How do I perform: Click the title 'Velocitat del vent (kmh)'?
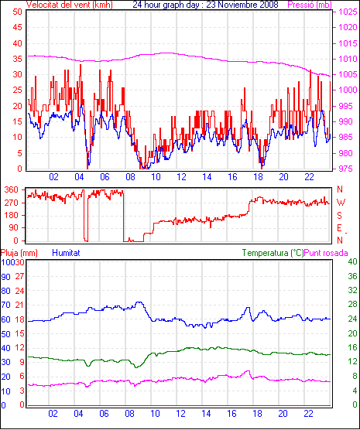pyautogui.click(x=70, y=5)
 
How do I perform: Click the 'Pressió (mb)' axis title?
pyautogui.click(x=310, y=5)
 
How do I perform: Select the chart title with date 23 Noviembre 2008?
pyautogui.click(x=205, y=5)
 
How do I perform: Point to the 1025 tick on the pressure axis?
pyautogui.click(x=348, y=12)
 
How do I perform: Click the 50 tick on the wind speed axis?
pyautogui.click(x=18, y=12)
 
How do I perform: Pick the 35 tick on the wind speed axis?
pyautogui.click(x=18, y=60)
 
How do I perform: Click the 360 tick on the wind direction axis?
pyautogui.click(x=12, y=190)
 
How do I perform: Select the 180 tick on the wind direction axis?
pyautogui.click(x=12, y=216)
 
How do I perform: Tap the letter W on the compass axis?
pyautogui.click(x=341, y=203)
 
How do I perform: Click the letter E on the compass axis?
pyautogui.click(x=339, y=228)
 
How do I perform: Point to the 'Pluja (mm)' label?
pyautogui.click(x=19, y=253)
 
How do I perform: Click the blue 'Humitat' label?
pyautogui.click(x=66, y=253)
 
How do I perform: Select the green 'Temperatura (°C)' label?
pyautogui.click(x=273, y=253)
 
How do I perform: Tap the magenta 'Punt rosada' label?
pyautogui.click(x=326, y=253)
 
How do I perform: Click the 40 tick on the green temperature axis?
pyautogui.click(x=352, y=262)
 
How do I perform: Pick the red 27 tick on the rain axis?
pyautogui.click(x=19, y=276)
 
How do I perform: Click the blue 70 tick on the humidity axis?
pyautogui.click(x=5, y=305)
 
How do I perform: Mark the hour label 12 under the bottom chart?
pyautogui.click(x=180, y=413)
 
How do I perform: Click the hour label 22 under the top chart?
pyautogui.click(x=309, y=177)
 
